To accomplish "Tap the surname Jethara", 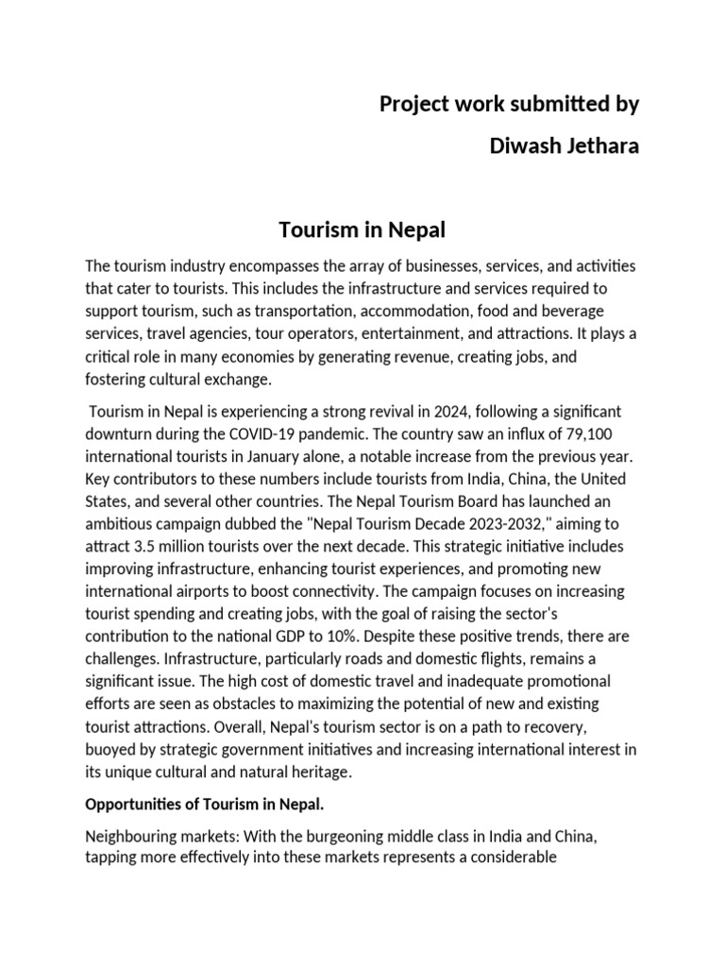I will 601,148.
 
